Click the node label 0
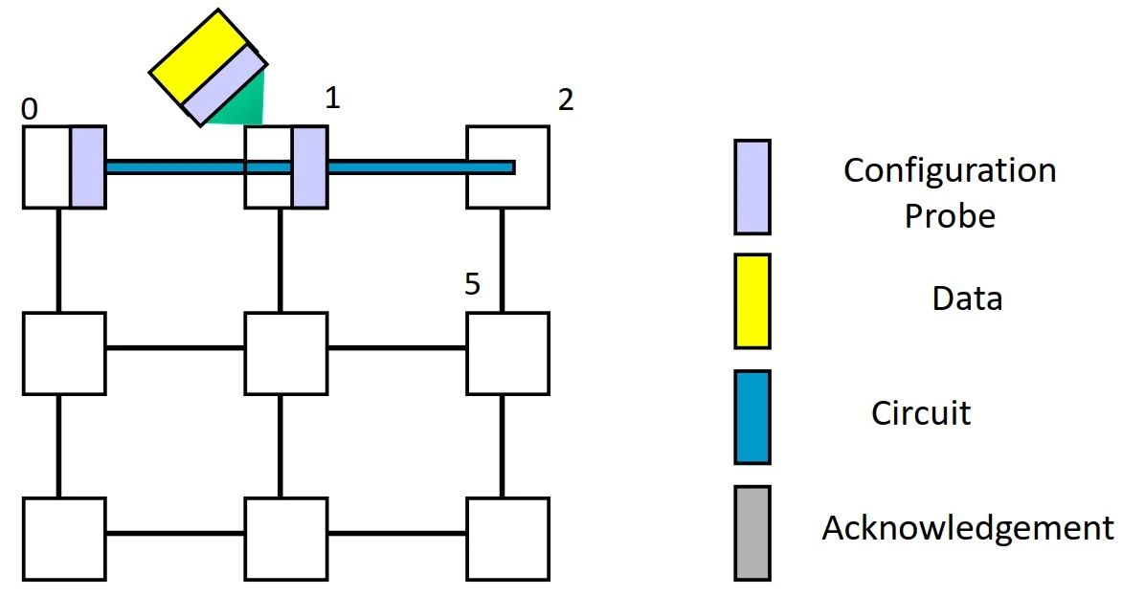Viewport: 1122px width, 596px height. point(30,111)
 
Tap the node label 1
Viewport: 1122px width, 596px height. point(332,98)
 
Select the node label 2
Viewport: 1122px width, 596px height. point(566,99)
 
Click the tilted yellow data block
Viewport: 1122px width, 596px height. point(202,55)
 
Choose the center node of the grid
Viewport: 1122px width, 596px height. point(285,353)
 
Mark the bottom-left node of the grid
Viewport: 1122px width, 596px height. point(64,539)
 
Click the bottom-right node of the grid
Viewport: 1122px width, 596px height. point(507,539)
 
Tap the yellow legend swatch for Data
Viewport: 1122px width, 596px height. point(752,300)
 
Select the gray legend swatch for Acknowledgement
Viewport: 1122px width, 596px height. point(752,533)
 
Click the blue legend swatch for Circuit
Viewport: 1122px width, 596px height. point(752,417)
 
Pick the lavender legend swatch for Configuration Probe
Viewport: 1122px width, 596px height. point(752,187)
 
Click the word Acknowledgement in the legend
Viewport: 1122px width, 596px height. point(968,528)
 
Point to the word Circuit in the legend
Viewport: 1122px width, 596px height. point(921,413)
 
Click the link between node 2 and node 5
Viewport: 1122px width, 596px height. point(502,259)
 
